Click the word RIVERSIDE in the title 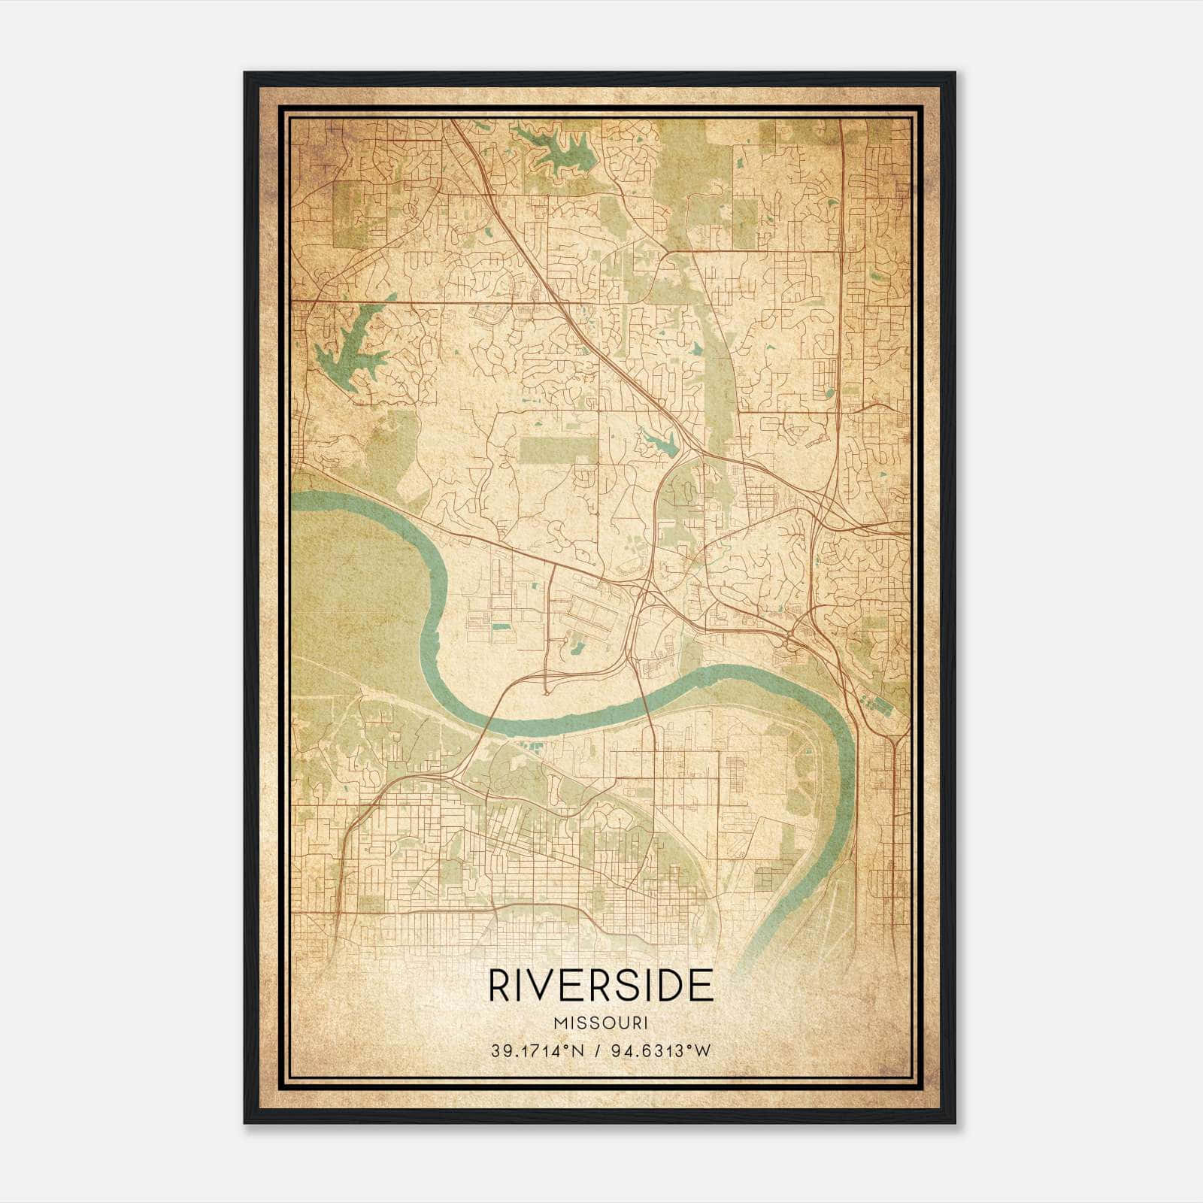(x=601, y=986)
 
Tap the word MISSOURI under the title (x=601, y=1023)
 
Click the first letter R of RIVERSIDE (x=498, y=986)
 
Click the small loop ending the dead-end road (x=545, y=688)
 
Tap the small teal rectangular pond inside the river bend (x=499, y=626)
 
